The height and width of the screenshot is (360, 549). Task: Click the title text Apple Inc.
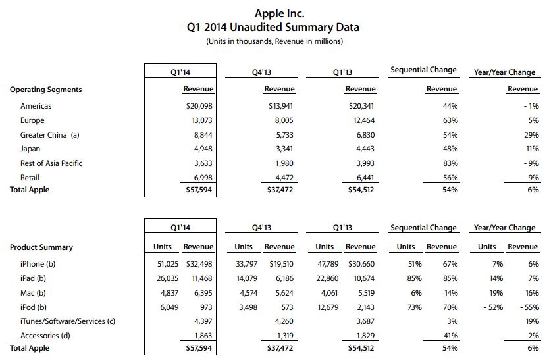click(x=279, y=13)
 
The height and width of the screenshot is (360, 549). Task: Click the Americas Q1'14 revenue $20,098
click(x=199, y=106)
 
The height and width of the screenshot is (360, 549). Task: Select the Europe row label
click(x=32, y=120)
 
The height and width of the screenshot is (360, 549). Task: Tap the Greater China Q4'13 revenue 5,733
click(x=284, y=135)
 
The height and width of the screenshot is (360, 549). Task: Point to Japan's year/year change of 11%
click(x=532, y=149)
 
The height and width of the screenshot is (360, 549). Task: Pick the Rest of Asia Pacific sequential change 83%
click(x=450, y=163)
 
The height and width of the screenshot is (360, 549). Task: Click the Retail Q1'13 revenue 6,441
click(x=365, y=178)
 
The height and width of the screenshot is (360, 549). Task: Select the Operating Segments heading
click(x=45, y=90)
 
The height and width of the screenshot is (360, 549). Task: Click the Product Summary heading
click(x=41, y=247)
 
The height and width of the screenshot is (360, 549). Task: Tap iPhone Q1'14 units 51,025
click(x=168, y=264)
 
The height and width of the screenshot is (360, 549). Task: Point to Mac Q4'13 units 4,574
click(x=249, y=293)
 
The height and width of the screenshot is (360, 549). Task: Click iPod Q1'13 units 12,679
click(x=328, y=307)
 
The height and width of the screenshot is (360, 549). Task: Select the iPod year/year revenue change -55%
click(x=529, y=307)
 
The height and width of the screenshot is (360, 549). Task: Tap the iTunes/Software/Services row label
click(x=68, y=321)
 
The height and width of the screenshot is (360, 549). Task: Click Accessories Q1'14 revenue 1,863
click(x=203, y=336)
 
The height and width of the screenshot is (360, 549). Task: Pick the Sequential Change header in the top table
click(x=423, y=70)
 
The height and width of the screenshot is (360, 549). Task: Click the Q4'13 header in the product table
click(x=261, y=228)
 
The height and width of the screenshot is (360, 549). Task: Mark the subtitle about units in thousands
click(x=274, y=41)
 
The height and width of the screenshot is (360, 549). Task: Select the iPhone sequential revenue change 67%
click(x=450, y=264)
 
